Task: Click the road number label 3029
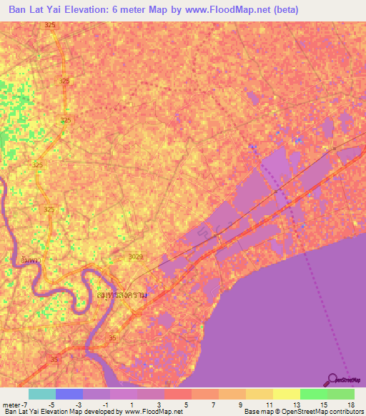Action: [x=136, y=256]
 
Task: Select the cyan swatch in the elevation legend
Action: [x=41, y=394]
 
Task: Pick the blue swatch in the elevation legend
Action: [x=69, y=394]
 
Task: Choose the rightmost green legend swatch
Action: [x=341, y=394]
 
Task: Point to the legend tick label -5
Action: [x=51, y=404]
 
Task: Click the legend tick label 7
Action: [x=213, y=404]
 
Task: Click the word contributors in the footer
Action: [x=347, y=412]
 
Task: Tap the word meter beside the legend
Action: [x=11, y=404]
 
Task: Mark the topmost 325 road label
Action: [x=49, y=25]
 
